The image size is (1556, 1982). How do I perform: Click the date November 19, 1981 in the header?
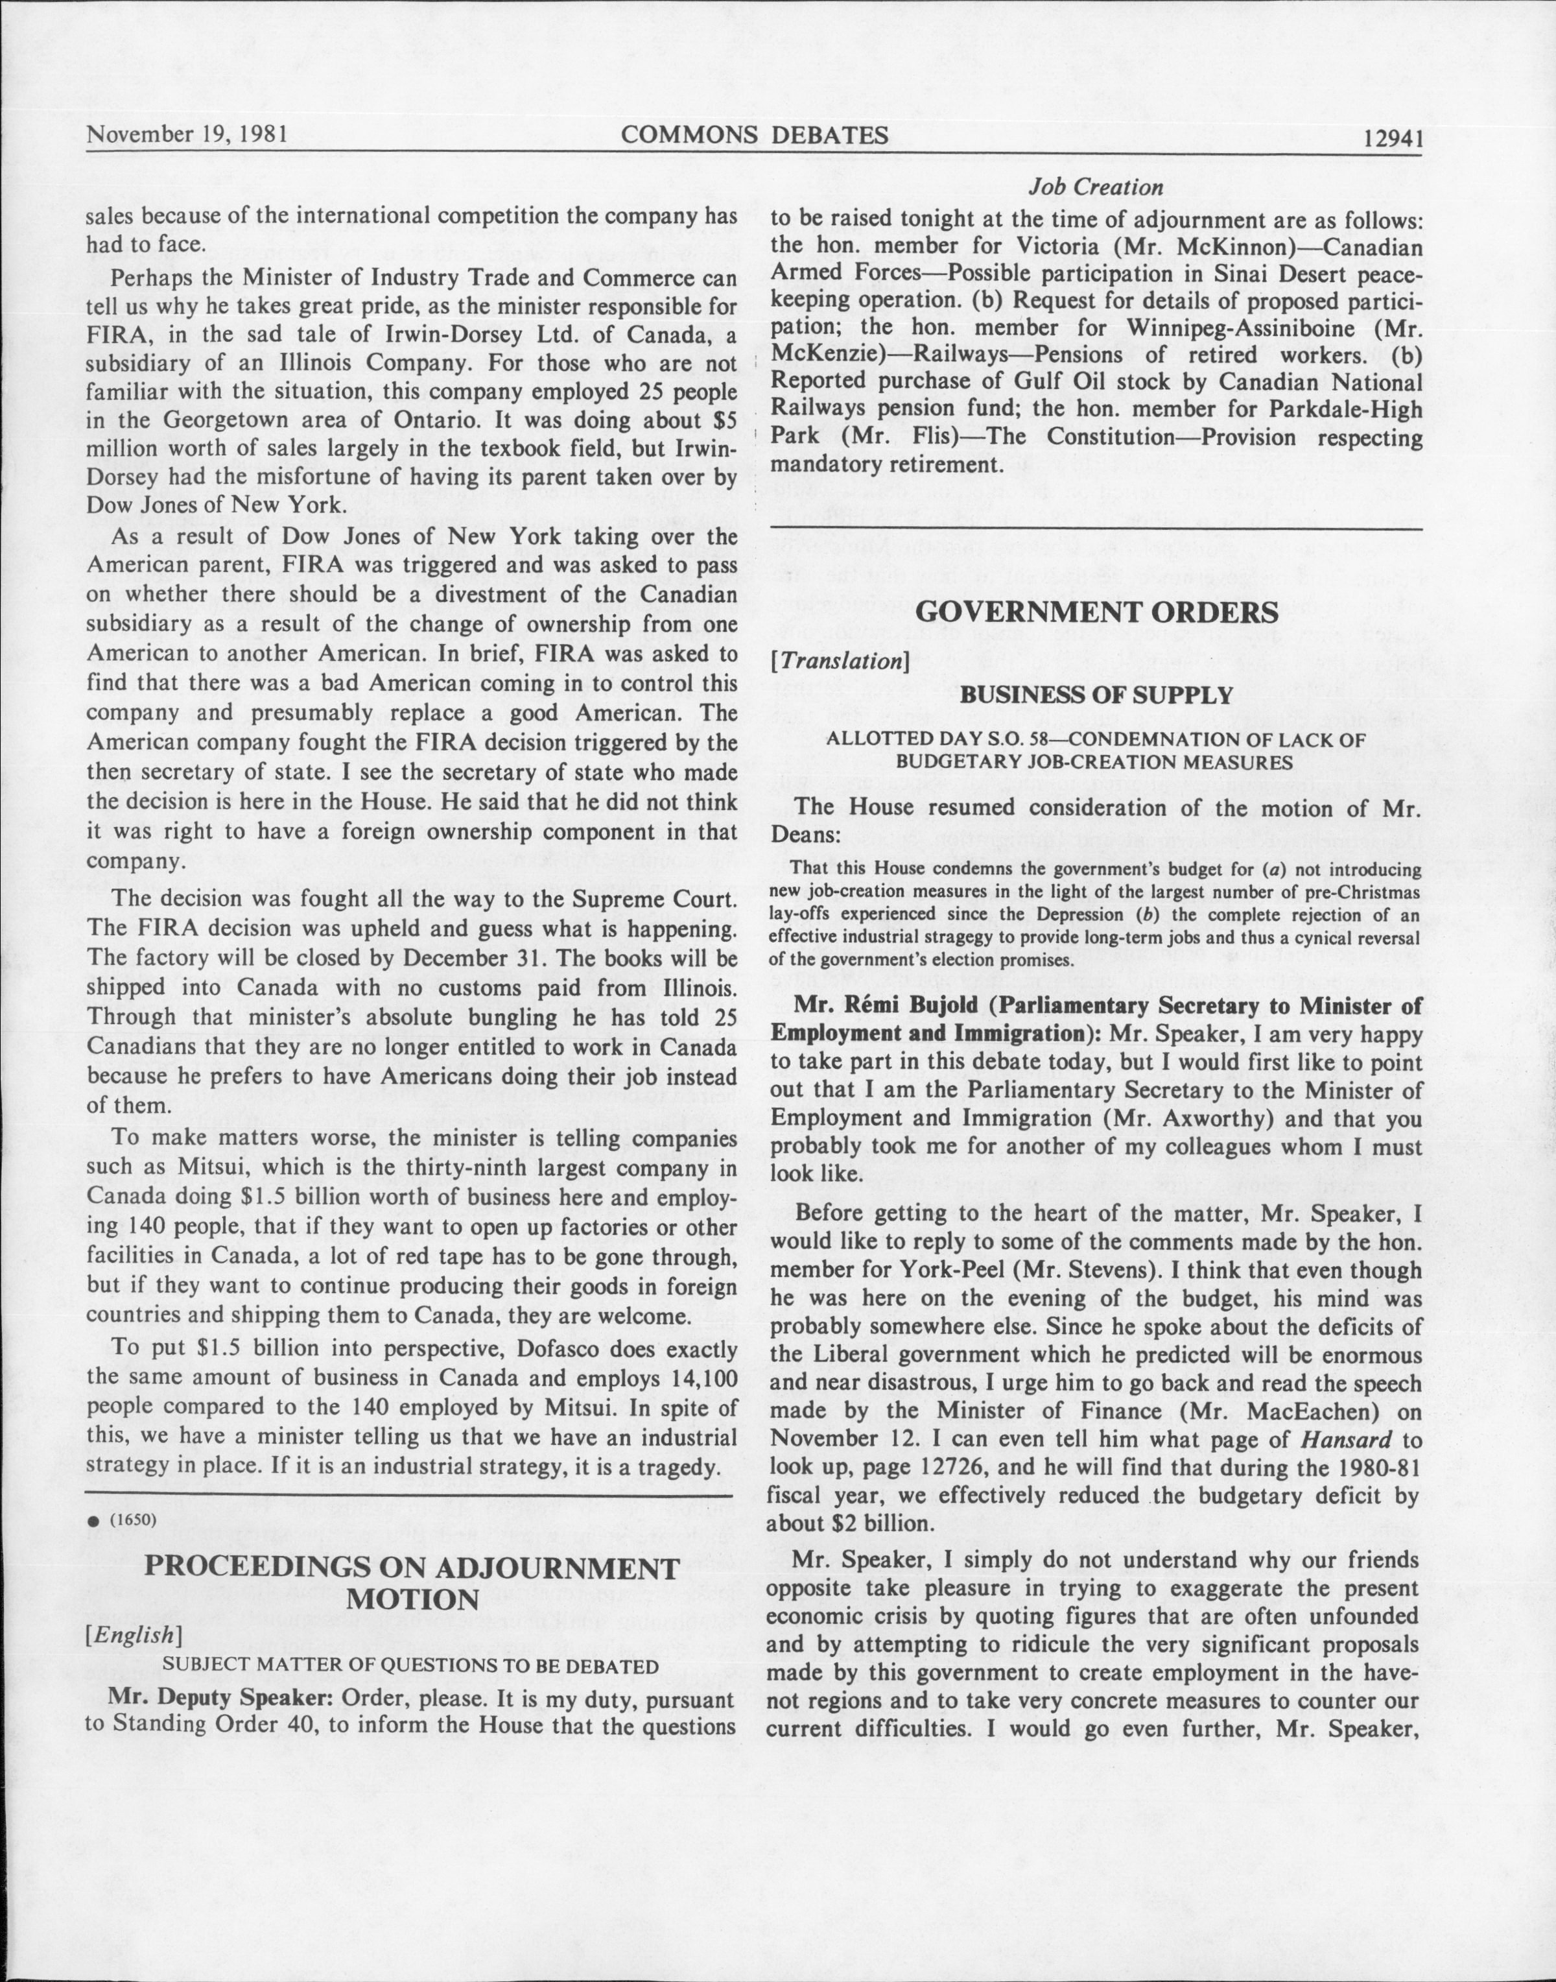click(x=187, y=135)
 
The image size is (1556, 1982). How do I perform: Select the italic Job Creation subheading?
click(x=1095, y=187)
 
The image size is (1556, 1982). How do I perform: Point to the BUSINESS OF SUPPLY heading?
click(x=1096, y=695)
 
